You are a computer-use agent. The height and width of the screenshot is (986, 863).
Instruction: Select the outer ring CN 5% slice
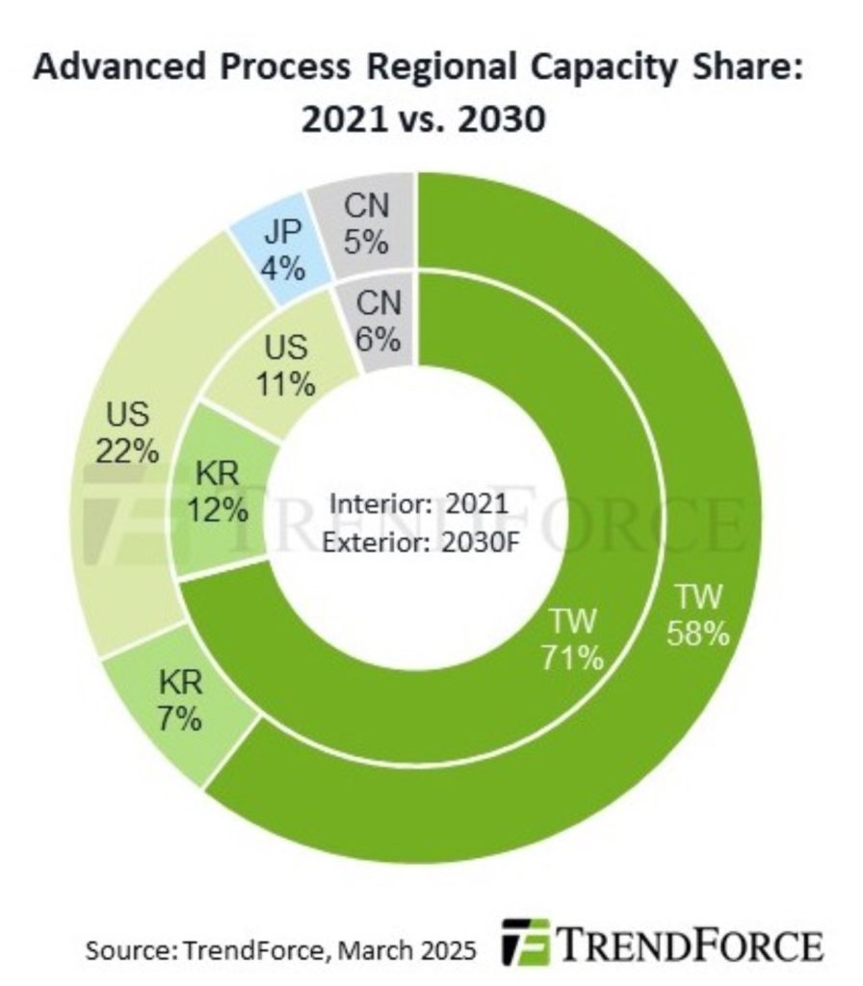tap(365, 224)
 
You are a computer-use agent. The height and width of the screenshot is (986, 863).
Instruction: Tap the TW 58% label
tap(698, 616)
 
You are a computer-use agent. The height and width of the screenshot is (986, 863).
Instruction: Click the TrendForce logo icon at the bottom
tap(526, 942)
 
